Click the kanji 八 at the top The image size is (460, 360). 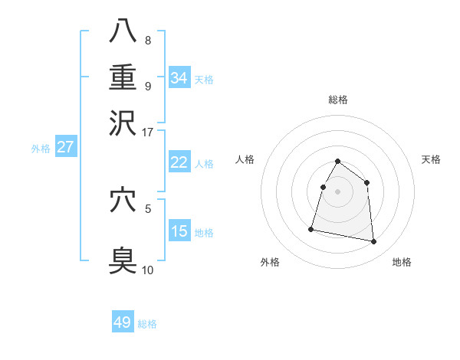tap(123, 31)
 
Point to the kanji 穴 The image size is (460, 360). tap(123, 201)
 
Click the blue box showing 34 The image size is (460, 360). tap(179, 78)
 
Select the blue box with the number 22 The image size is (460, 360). tap(179, 162)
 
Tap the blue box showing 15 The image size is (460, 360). tap(179, 231)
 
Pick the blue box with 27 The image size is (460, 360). tap(65, 147)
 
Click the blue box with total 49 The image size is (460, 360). tap(123, 322)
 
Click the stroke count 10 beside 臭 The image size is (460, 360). tap(148, 269)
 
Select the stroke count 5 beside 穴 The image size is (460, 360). tap(148, 207)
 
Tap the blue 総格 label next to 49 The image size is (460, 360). tap(147, 324)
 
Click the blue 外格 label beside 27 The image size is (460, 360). tap(40, 149)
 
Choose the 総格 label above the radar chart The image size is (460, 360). tap(337, 100)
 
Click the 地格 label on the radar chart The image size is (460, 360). tap(402, 262)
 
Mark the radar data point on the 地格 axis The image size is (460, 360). tap(374, 242)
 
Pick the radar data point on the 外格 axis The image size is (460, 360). tap(311, 228)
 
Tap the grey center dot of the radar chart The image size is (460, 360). tap(337, 191)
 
